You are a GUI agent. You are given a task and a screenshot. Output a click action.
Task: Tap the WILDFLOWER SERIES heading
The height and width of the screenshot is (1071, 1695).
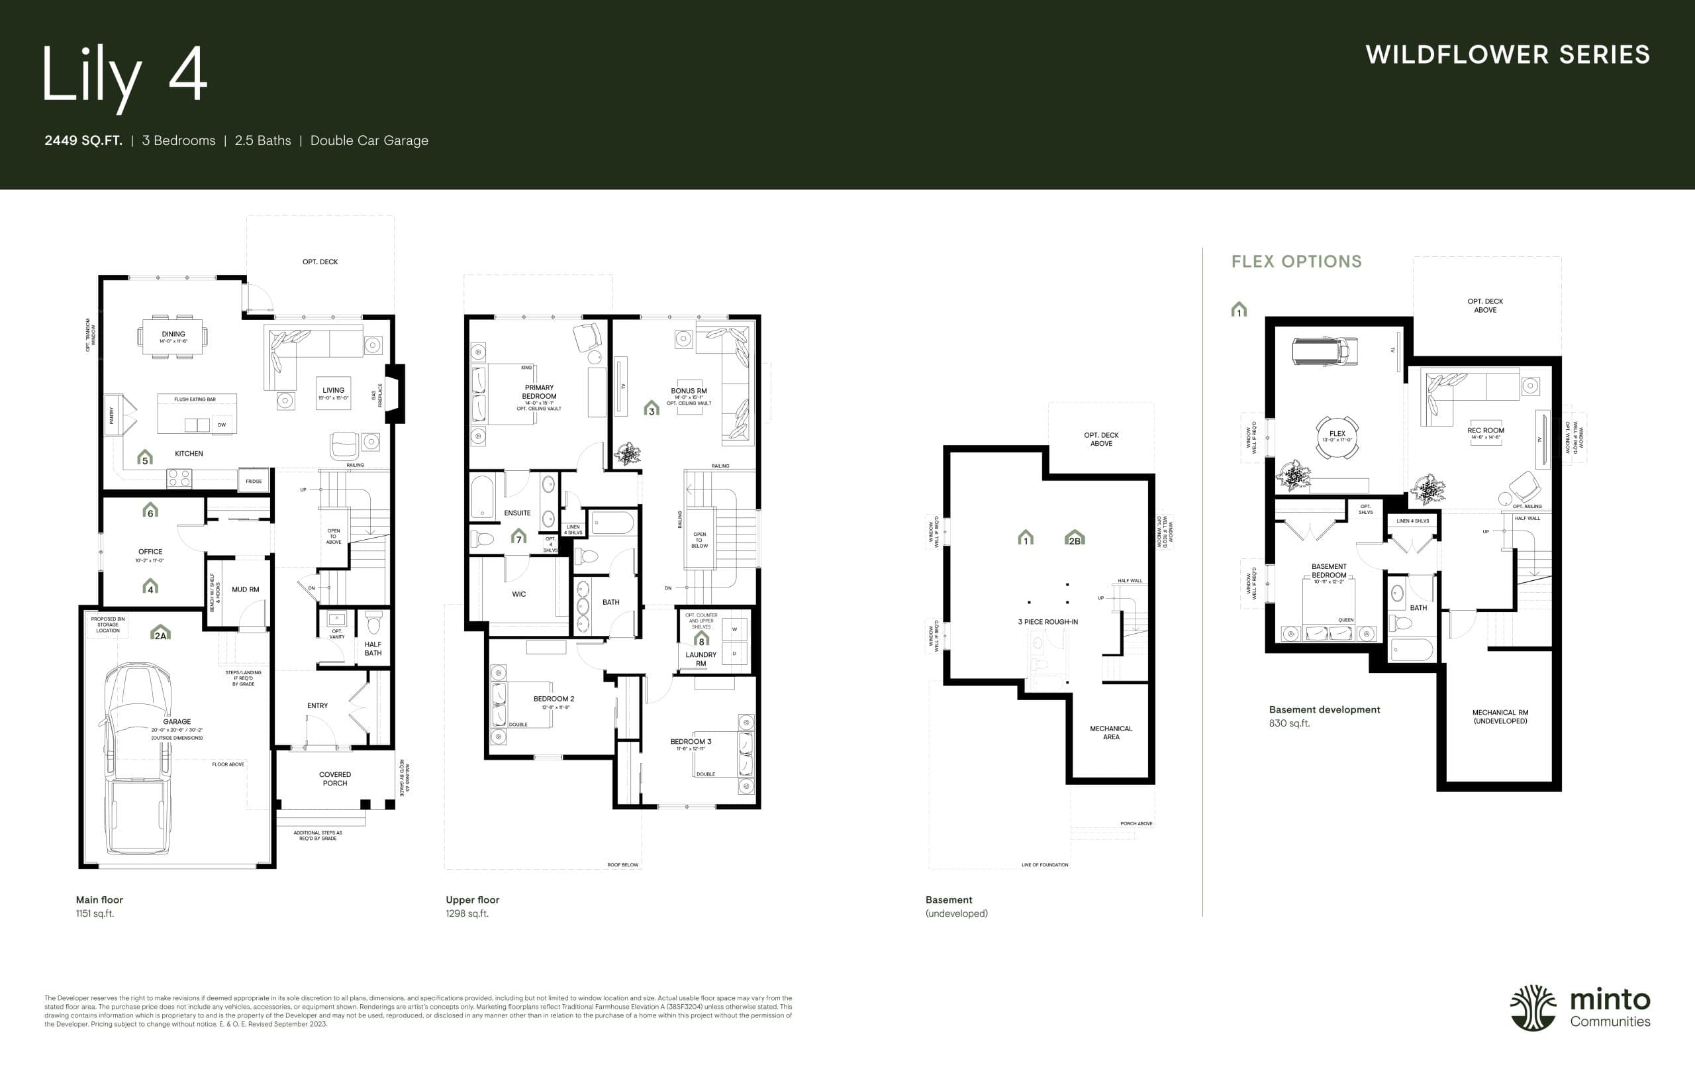[1507, 55]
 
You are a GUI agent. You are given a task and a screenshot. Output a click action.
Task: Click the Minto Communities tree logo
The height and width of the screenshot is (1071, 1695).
[1532, 1007]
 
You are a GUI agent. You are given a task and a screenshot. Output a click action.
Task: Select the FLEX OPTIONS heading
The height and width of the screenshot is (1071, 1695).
[1296, 261]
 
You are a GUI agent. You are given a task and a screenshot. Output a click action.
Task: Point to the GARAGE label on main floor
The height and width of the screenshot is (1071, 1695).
[177, 722]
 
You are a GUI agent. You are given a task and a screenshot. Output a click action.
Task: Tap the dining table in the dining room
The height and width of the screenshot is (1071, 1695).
[173, 337]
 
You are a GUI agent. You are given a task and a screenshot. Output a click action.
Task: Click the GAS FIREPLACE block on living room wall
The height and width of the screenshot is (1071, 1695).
[397, 393]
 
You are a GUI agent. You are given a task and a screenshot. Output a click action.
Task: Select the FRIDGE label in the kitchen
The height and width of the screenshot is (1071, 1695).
[254, 481]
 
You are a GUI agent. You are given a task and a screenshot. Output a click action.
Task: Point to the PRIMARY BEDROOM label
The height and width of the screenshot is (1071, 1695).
[539, 392]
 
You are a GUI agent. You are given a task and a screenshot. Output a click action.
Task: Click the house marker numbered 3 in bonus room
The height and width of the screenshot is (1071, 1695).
[651, 408]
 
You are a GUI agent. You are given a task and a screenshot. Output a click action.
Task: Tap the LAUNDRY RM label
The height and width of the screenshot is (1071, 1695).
[701, 659]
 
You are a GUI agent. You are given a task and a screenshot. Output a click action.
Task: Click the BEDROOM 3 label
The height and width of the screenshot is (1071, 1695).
[691, 741]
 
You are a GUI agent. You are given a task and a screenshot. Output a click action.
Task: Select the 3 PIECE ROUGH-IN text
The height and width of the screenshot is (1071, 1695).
[1047, 622]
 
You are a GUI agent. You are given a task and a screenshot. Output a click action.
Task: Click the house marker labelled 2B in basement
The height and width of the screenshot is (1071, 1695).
[1074, 538]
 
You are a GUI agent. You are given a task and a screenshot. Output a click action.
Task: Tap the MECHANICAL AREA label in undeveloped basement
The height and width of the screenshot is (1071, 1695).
[1111, 733]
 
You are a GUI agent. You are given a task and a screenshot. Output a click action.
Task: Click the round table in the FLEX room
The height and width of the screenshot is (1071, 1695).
[1337, 437]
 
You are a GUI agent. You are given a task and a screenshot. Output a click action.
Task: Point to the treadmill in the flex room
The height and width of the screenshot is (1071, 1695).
[1324, 350]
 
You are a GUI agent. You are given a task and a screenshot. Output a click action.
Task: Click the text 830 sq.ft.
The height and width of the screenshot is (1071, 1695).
[1289, 723]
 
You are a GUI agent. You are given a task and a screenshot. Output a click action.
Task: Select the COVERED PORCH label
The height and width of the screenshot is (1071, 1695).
[335, 779]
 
